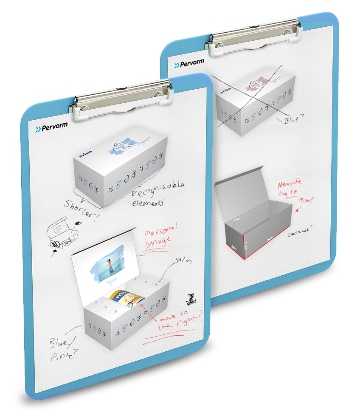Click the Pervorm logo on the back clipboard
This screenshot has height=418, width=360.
point(189,64)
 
